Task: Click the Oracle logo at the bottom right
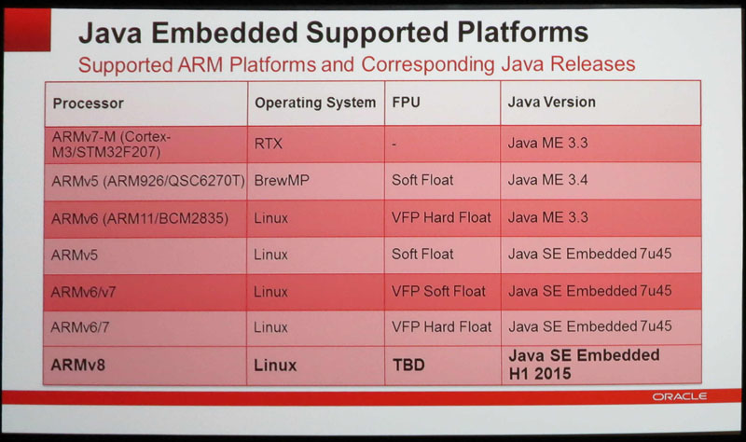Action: pos(680,396)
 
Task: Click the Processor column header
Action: pos(88,104)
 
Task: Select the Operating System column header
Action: pos(315,103)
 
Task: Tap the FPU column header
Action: pos(406,103)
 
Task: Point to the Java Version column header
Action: pos(551,102)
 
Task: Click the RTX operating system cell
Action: pos(269,144)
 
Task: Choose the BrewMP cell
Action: pos(282,180)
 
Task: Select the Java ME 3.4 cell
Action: pos(547,180)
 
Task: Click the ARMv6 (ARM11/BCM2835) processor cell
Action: pos(139,218)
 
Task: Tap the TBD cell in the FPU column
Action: pos(408,365)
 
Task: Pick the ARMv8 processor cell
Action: pos(77,365)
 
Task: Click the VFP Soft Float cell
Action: pos(438,291)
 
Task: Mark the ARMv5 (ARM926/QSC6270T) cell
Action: pos(148,181)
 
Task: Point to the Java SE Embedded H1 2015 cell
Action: pos(584,364)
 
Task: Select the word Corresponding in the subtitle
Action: pos(428,64)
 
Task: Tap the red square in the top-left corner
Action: pos(27,30)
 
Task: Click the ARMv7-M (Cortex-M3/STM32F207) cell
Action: pos(111,145)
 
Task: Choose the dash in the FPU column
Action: pos(394,144)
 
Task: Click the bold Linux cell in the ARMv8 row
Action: pos(275,365)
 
